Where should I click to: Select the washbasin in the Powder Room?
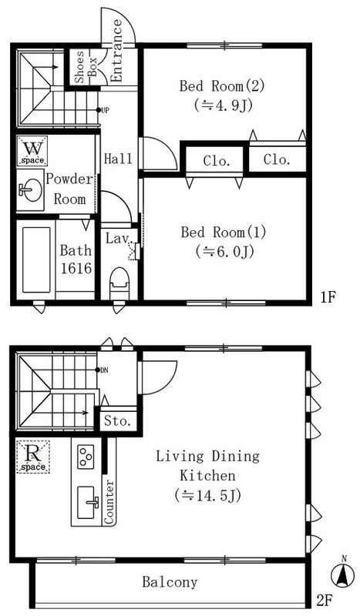30,189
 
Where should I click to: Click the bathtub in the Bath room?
36,259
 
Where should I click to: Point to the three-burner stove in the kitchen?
86,457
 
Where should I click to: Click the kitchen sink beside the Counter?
86,502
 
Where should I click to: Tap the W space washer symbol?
32,151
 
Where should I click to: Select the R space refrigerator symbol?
33,457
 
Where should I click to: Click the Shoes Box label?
86,66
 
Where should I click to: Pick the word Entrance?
116,51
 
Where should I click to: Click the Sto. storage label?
117,421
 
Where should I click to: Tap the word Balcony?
170,581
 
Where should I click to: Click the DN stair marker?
104,370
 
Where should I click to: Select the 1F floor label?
328,297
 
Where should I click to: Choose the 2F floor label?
326,601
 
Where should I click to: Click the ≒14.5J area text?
207,495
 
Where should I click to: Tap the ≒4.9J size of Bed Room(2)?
223,105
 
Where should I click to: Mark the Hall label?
118,159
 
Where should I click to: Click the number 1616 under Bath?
76,268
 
